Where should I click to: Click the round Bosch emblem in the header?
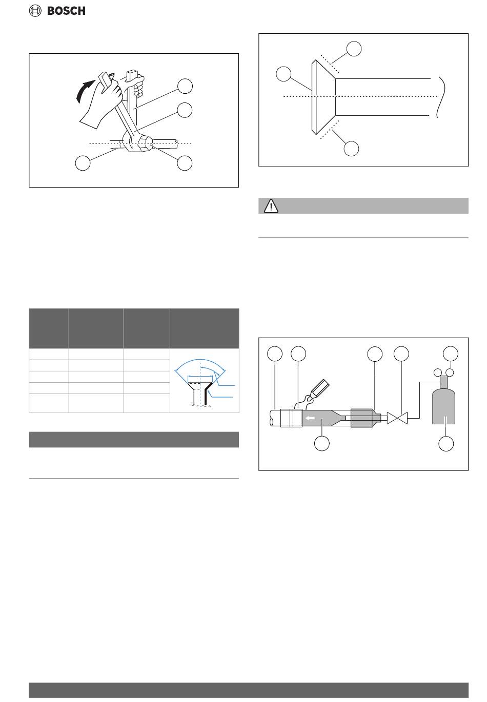35,11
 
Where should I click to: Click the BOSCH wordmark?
66,11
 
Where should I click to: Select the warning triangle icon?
271,206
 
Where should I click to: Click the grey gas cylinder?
443,401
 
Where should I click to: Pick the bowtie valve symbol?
397,418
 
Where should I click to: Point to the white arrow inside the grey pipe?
311,418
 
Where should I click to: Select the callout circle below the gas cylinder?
445,444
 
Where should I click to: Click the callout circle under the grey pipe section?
322,443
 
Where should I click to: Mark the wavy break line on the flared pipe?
441,97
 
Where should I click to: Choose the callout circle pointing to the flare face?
283,74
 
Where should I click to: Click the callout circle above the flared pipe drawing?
354,49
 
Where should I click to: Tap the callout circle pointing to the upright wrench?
185,86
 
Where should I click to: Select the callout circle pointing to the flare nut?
185,163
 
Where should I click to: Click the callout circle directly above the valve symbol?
401,354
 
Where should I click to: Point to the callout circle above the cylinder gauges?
450,354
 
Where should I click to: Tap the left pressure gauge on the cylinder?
437,373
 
